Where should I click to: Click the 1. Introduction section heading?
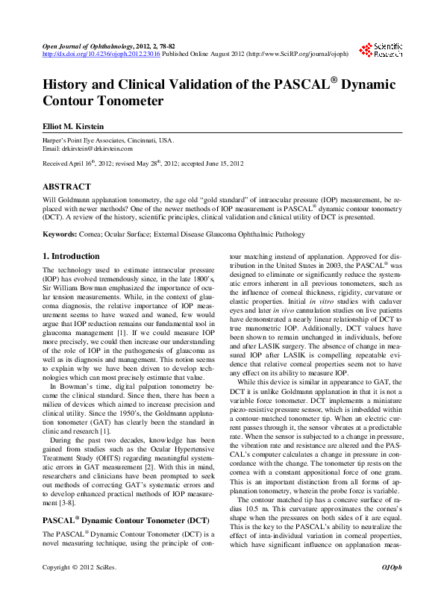pos(71,257)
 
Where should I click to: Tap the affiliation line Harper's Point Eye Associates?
pos(108,140)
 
